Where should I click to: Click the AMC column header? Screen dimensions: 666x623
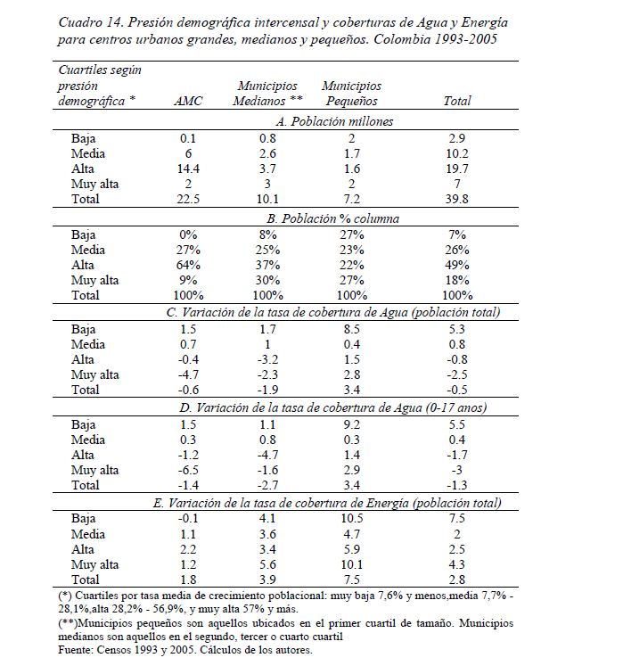(x=188, y=102)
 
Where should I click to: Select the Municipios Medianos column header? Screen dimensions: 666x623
(x=267, y=94)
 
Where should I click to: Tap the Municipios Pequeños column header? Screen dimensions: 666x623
(x=351, y=94)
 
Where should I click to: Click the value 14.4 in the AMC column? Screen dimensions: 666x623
(x=188, y=169)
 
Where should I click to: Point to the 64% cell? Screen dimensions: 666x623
(x=188, y=264)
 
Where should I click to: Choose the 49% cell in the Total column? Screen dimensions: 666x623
(x=457, y=264)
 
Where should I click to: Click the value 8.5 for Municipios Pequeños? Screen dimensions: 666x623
(x=351, y=328)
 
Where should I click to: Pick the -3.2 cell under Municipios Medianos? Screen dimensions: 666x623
(x=267, y=359)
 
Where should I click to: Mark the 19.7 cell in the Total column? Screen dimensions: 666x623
(x=457, y=169)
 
